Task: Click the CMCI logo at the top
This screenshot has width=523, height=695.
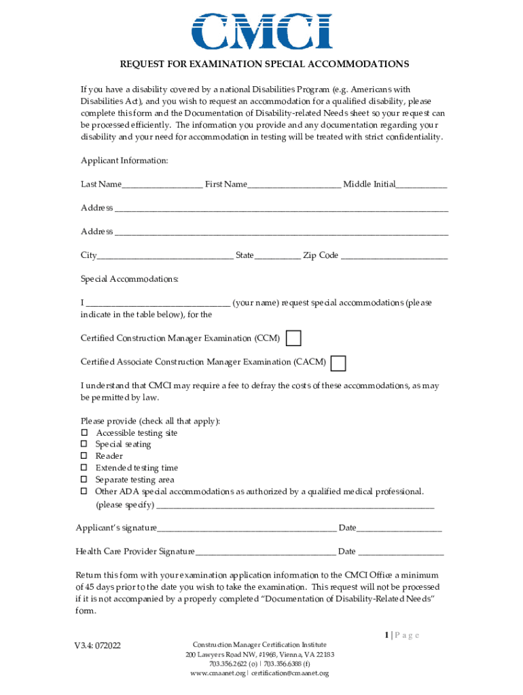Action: coord(261,30)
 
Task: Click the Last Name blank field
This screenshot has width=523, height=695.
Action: coord(162,185)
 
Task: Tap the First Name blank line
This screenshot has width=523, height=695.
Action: coord(294,185)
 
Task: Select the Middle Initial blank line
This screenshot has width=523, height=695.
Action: coord(421,185)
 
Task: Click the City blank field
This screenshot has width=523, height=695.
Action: coord(164,257)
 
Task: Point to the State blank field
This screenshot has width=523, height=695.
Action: coord(277,257)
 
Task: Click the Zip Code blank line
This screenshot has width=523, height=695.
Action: coord(394,257)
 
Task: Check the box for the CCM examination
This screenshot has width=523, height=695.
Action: coord(293,338)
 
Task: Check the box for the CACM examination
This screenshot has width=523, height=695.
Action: coord(338,363)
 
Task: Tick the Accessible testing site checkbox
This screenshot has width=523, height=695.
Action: coord(84,433)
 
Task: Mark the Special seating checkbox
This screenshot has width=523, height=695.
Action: coord(84,445)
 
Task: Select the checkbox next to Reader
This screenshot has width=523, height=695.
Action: coord(84,456)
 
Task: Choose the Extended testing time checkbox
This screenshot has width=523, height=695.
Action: coord(84,468)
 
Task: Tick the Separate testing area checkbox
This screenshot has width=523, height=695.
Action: coord(84,479)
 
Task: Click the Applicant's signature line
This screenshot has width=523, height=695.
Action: coord(247,529)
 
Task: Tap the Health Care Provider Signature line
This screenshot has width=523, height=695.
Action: coord(265,552)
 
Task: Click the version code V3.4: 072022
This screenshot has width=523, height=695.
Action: coord(98,645)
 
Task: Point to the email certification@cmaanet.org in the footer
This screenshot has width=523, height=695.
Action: coord(290,673)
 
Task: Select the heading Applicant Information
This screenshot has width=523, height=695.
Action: coord(124,161)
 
